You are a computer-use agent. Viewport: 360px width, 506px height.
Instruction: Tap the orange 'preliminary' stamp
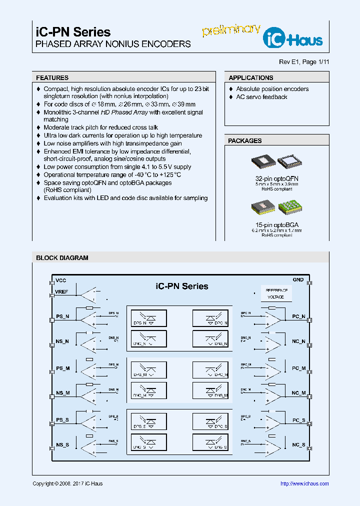click(231, 29)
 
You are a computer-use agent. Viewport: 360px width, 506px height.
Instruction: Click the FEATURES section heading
click(52, 78)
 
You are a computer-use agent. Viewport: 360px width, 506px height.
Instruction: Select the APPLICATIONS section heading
click(251, 78)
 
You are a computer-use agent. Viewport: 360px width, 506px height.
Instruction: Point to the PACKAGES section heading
click(245, 141)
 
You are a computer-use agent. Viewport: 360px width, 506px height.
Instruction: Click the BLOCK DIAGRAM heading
click(62, 258)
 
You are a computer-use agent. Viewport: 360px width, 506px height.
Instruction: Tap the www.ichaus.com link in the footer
click(304, 483)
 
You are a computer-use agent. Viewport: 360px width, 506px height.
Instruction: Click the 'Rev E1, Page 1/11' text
click(304, 62)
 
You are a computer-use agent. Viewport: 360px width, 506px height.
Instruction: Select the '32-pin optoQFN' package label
click(276, 178)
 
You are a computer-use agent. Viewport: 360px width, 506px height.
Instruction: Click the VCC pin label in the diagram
click(60, 280)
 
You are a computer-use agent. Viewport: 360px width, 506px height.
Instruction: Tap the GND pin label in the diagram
click(298, 280)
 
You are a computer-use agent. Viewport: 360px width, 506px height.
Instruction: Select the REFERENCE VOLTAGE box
click(276, 293)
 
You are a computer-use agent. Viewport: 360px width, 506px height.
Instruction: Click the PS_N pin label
click(63, 316)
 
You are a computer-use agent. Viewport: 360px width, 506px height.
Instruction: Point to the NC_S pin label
click(298, 444)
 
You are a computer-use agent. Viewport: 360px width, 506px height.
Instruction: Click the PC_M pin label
click(298, 368)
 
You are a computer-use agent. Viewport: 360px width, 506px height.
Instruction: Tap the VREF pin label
click(61, 292)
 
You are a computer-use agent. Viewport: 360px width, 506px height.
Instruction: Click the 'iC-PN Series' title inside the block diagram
click(182, 286)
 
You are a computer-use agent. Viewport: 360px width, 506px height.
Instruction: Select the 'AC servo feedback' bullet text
click(261, 97)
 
